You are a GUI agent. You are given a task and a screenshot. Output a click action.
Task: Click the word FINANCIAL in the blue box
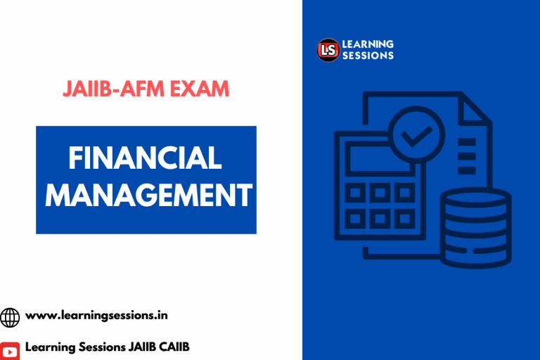click(146, 158)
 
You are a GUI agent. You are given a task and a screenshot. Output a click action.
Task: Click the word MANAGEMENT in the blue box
click(146, 195)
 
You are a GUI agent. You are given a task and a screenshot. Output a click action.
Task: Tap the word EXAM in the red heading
click(200, 89)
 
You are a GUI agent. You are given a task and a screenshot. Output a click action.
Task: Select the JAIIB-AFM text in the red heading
click(115, 89)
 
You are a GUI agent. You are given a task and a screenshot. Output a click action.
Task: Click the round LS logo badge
click(328, 50)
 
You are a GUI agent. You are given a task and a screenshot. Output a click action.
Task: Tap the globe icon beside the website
click(11, 317)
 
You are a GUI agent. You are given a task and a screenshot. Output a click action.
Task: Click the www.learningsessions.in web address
click(96, 316)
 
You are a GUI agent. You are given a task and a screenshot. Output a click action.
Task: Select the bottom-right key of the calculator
click(404, 218)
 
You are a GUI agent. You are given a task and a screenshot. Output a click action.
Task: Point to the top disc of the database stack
click(475, 198)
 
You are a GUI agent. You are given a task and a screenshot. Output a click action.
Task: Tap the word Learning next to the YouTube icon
click(51, 347)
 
